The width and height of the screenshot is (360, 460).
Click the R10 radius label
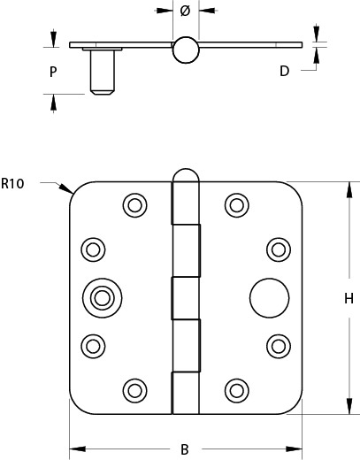12,183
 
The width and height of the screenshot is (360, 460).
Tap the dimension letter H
349,298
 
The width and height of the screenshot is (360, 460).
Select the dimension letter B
185,449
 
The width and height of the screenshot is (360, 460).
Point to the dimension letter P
53,72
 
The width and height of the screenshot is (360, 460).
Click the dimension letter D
284,71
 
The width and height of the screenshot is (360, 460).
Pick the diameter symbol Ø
185,11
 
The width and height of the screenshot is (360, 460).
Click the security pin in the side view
102,71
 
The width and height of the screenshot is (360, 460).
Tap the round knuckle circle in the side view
186,50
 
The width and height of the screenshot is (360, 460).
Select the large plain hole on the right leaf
270,298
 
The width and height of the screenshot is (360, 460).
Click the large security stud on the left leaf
102,298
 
